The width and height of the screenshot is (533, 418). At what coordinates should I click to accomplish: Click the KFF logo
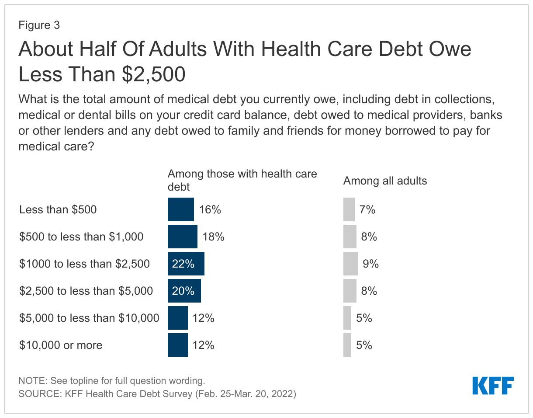(493, 385)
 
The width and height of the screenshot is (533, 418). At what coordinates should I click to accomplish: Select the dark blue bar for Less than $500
(180, 209)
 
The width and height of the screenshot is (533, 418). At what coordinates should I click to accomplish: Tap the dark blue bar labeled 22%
(186, 264)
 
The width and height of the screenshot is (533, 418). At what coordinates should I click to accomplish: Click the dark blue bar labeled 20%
(184, 291)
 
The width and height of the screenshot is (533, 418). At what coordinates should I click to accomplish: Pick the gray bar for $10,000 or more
(347, 345)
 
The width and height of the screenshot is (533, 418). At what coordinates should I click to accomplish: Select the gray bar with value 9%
(350, 264)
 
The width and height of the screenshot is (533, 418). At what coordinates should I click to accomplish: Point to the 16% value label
(210, 210)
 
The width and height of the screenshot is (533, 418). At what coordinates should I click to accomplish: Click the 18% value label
(213, 237)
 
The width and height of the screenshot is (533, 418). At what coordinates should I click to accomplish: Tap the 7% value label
(367, 210)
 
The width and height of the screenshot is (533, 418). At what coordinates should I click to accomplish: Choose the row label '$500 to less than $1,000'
(81, 237)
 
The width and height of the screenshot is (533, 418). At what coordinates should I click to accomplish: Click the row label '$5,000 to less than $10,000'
(89, 318)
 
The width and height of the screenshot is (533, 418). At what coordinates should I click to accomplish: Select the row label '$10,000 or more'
(61, 345)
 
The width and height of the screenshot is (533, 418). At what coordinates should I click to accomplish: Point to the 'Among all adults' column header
(385, 181)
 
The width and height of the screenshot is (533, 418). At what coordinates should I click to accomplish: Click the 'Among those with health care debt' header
(242, 180)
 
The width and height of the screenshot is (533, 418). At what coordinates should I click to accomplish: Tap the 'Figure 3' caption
(39, 25)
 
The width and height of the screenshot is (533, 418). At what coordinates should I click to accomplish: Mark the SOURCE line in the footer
(157, 394)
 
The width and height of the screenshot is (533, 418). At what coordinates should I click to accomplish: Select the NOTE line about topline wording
(111, 380)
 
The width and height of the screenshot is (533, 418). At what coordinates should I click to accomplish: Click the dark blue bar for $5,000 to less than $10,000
(177, 318)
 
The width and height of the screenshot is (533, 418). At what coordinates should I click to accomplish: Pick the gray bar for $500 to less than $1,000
(350, 237)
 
